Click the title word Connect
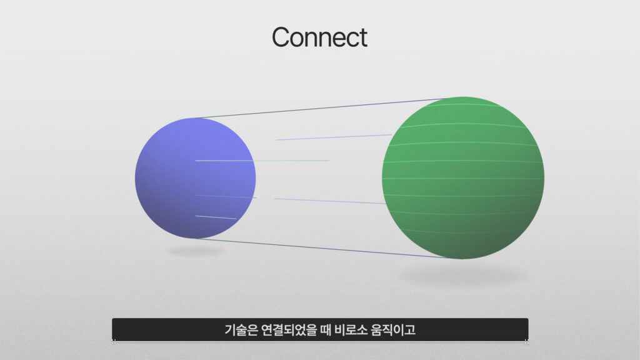(x=319, y=37)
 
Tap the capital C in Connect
(x=281, y=37)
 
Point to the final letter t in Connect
(x=363, y=38)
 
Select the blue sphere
(x=195, y=178)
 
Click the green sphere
(x=463, y=177)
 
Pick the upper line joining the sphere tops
(x=321, y=108)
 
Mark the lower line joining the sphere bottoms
(x=321, y=248)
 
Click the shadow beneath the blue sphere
(x=195, y=250)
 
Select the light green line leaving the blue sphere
(x=262, y=161)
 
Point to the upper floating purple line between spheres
(x=334, y=137)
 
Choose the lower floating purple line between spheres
(x=329, y=201)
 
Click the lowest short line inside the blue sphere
(x=216, y=217)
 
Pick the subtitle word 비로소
(x=351, y=329)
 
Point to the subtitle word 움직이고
(x=393, y=329)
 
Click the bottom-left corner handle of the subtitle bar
(x=114, y=341)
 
